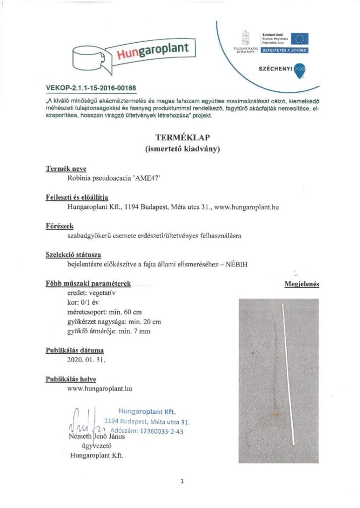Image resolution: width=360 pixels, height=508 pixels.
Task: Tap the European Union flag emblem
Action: pos(300,38)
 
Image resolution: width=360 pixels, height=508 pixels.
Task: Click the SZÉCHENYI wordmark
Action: pos(274,69)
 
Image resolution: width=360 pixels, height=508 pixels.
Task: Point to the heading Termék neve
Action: pos(66,169)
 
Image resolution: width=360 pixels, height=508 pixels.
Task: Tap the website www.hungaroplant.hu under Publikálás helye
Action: pos(99,388)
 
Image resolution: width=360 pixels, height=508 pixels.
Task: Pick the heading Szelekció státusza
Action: pos(73,255)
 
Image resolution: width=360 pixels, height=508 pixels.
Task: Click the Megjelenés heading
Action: pos(301,284)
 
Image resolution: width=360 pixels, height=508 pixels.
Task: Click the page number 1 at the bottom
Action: pos(182,481)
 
